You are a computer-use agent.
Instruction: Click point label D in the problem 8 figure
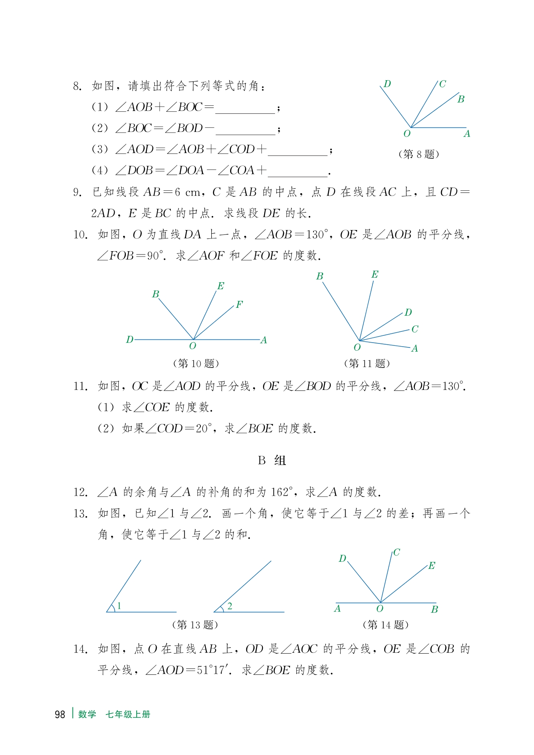click(387, 84)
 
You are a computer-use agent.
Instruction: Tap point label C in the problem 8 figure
click(442, 84)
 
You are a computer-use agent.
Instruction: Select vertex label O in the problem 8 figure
click(407, 134)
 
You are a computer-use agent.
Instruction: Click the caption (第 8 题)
click(419, 154)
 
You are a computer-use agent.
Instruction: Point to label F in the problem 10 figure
click(239, 305)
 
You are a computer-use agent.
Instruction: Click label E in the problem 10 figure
click(220, 286)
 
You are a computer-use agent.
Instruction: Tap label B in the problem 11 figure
click(320, 277)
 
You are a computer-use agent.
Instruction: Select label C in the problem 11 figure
click(415, 329)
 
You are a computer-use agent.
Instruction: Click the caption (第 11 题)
click(367, 363)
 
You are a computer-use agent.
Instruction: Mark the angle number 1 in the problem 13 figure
click(119, 606)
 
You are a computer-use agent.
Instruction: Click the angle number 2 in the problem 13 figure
click(230, 606)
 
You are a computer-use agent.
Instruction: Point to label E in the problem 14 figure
click(431, 566)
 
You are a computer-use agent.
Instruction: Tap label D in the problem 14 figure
click(342, 559)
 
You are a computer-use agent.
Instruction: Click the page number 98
click(60, 715)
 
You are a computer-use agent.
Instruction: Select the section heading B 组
click(272, 460)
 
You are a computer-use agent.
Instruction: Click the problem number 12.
click(80, 492)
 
